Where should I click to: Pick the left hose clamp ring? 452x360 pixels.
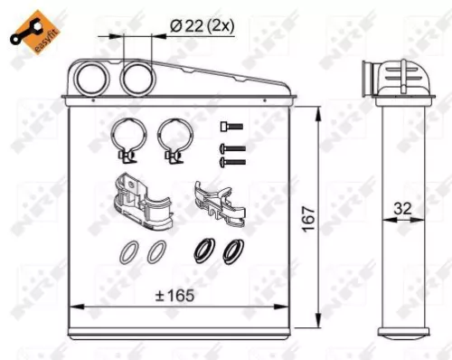click(x=124, y=139)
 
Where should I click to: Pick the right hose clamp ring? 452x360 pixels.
click(x=170, y=139)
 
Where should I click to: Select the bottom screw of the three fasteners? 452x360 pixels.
click(x=232, y=161)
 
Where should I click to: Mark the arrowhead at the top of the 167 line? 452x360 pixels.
click(x=317, y=110)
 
